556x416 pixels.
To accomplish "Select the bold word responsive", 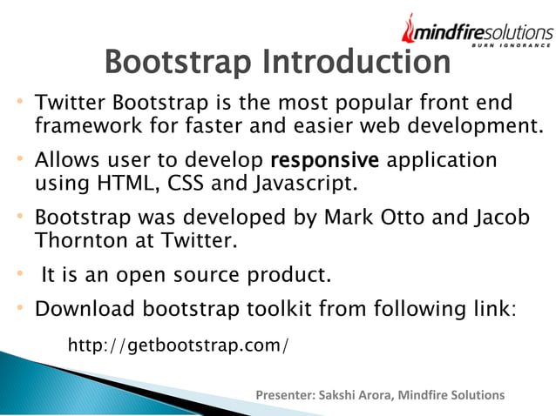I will [x=325, y=161].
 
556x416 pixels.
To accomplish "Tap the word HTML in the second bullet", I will [x=122, y=185].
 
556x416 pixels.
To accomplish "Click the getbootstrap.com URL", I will [x=178, y=346].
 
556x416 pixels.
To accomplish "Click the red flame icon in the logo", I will [x=410, y=30].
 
